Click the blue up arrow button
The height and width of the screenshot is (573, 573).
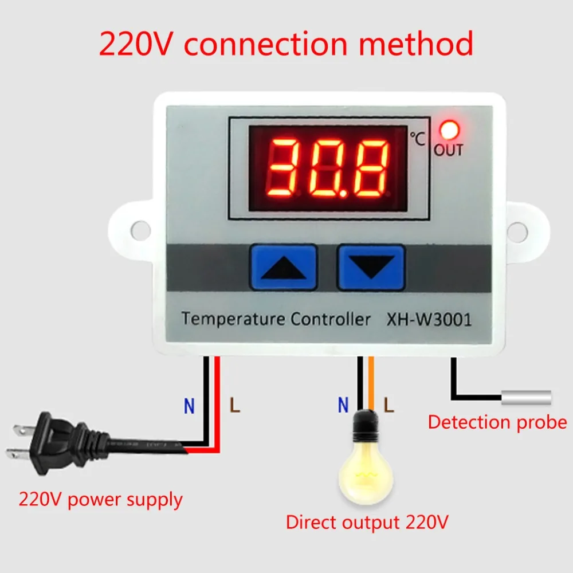(283, 267)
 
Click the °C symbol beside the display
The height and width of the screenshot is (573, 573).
(417, 139)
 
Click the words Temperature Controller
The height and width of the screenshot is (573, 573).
(276, 319)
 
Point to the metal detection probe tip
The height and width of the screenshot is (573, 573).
(526, 397)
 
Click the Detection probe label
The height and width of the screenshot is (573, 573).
(497, 423)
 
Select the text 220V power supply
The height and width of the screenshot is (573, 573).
(101, 499)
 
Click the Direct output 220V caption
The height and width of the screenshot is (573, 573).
(367, 523)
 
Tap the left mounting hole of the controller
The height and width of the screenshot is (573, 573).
(140, 230)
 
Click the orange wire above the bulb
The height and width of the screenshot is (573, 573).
(371, 384)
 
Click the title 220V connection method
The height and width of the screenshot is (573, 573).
(286, 44)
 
